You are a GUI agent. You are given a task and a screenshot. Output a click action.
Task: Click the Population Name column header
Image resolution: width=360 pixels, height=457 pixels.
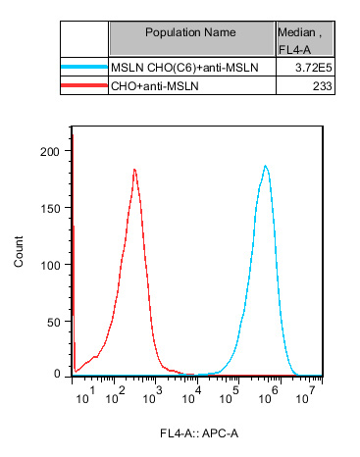(x=191, y=32)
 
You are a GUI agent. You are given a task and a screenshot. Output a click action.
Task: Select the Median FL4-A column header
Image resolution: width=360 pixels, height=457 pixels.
(x=305, y=39)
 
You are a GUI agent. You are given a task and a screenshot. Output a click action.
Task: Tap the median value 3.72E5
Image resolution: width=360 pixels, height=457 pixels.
(x=314, y=68)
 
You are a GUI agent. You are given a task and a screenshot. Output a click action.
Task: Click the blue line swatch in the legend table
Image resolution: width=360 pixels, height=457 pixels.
(x=83, y=68)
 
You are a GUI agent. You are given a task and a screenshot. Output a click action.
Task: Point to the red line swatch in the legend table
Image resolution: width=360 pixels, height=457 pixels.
(x=83, y=86)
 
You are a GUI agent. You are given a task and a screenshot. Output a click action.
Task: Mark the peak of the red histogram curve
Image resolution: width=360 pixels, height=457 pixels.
(x=134, y=170)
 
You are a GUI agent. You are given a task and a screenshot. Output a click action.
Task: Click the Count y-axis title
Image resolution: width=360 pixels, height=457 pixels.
(x=20, y=253)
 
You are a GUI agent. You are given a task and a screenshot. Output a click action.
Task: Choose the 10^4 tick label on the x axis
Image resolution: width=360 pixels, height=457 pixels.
(x=197, y=396)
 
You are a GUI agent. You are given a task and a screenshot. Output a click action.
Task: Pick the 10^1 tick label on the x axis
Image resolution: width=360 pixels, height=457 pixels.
(x=86, y=396)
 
